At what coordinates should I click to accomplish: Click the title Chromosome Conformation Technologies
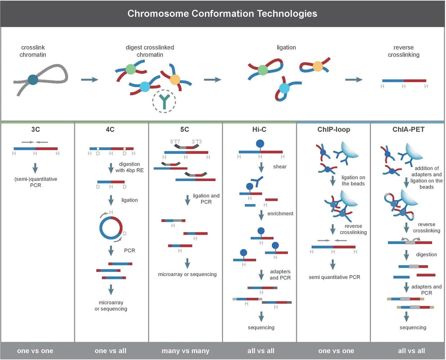[222, 14]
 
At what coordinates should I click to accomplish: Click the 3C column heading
[36, 129]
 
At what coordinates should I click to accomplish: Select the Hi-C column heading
[259, 129]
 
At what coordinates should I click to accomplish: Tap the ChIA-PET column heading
[408, 129]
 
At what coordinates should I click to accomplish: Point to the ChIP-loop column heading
[334, 130]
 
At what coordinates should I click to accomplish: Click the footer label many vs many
[186, 351]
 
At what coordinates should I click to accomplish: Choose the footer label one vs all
[110, 351]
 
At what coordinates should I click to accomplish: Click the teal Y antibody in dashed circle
[164, 102]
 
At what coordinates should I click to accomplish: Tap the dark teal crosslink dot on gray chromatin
[33, 80]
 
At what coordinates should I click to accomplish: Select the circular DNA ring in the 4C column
[100, 228]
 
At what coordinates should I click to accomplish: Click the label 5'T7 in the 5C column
[175, 141]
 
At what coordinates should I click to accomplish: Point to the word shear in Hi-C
[280, 167]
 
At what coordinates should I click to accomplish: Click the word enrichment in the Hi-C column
[280, 213]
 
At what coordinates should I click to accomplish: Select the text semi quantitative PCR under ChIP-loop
[334, 277]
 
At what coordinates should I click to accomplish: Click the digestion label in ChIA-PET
[426, 255]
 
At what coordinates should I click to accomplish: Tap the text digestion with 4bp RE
[129, 167]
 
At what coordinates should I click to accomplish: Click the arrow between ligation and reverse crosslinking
[354, 80]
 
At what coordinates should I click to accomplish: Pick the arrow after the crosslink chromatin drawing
[89, 80]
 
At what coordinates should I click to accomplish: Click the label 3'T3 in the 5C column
[197, 141]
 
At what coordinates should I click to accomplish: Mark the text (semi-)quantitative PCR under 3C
[36, 182]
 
